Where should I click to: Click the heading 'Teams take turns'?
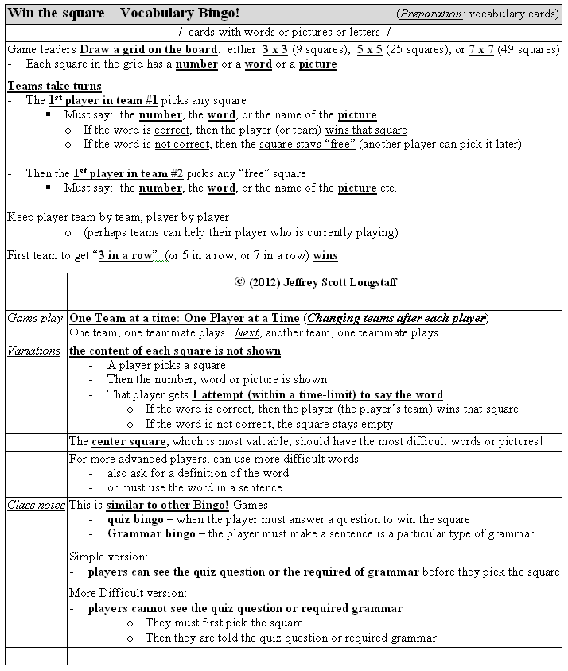(x=54, y=86)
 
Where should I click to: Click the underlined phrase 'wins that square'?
(x=366, y=130)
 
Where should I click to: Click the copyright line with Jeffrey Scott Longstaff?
(x=315, y=282)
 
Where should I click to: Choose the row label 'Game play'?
(x=35, y=318)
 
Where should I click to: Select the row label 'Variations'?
(x=34, y=351)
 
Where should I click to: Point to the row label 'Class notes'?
(x=36, y=505)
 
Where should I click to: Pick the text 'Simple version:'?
(x=109, y=557)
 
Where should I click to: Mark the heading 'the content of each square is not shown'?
(x=175, y=351)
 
